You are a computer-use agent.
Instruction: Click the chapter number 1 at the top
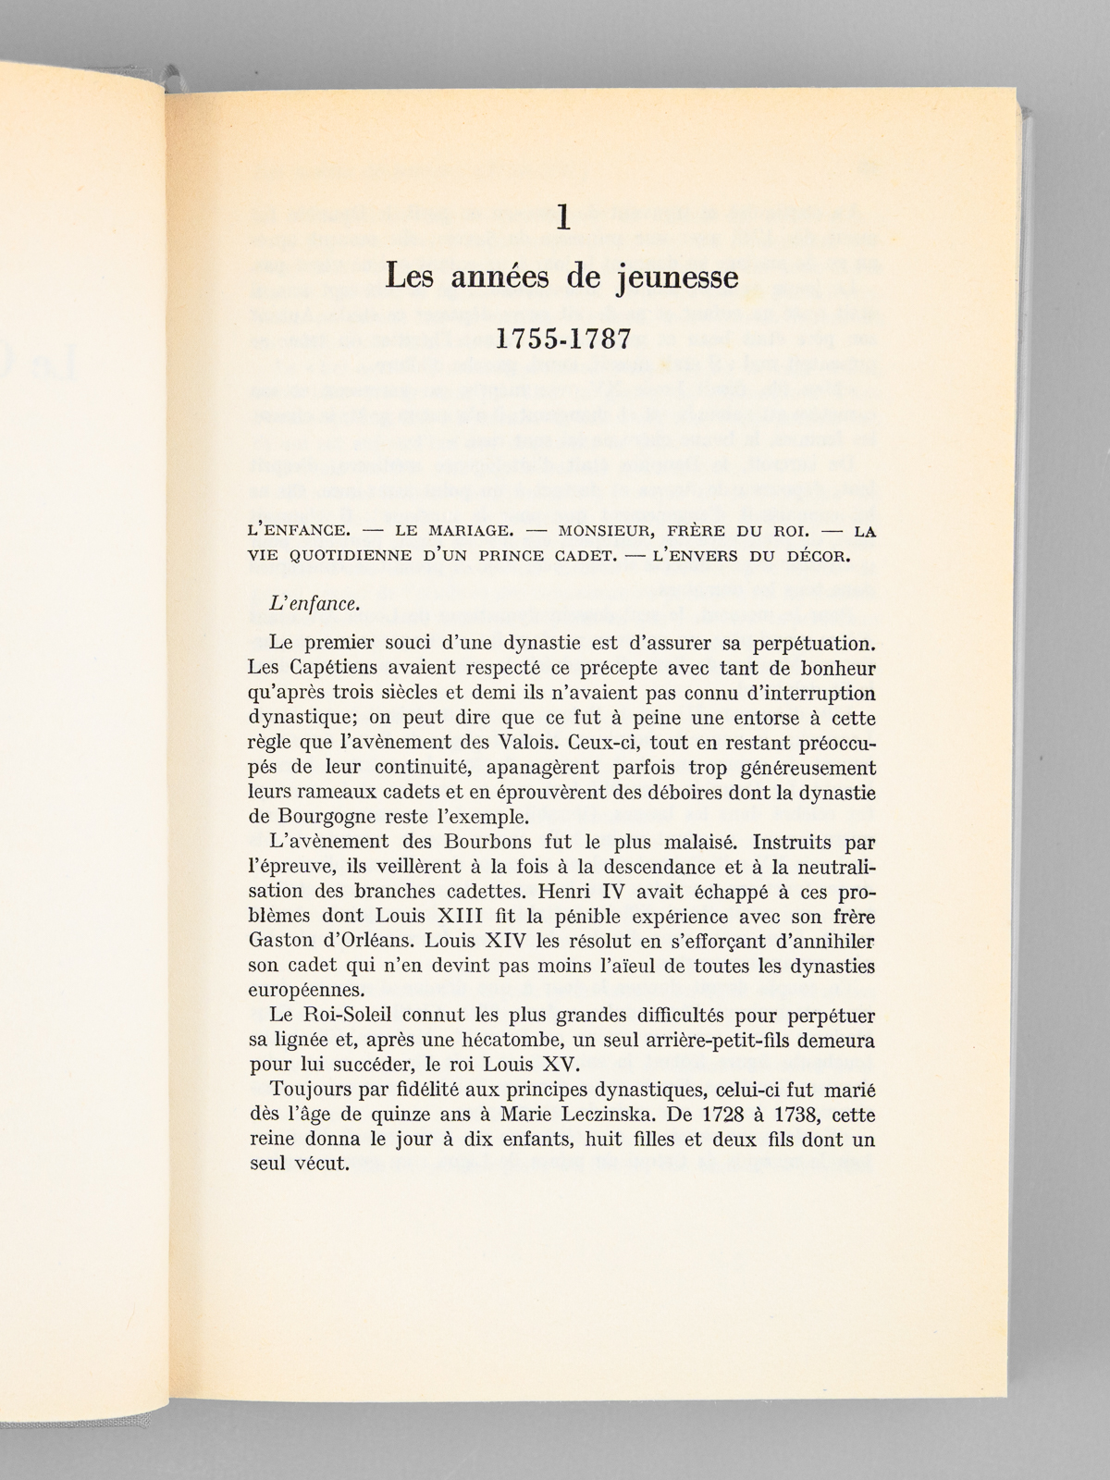pyautogui.click(x=562, y=219)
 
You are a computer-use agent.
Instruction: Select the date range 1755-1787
pyautogui.click(x=562, y=339)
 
